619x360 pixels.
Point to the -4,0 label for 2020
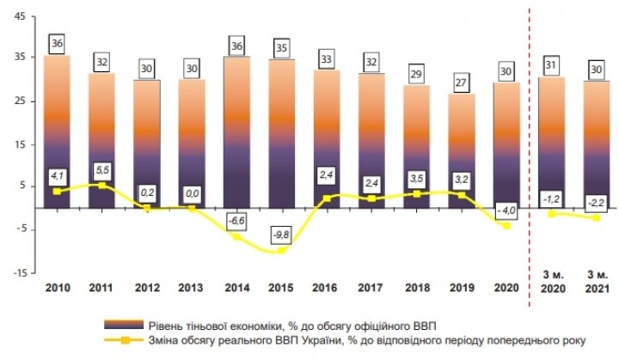pyautogui.click(x=506, y=210)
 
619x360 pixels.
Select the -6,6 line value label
pyautogui.click(x=237, y=221)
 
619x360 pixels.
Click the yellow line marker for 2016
pyautogui.click(x=327, y=198)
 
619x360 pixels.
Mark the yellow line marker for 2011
pyautogui.click(x=102, y=185)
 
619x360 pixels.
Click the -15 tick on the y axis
pyautogui.click(x=17, y=272)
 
